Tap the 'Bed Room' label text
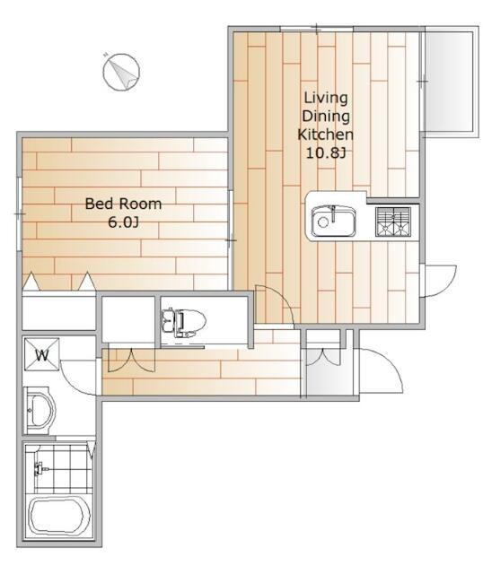pyautogui.click(x=123, y=204)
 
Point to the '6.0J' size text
pyautogui.click(x=123, y=222)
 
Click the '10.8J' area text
pyautogui.click(x=326, y=152)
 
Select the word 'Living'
pyautogui.click(x=326, y=98)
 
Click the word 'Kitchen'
pyautogui.click(x=325, y=135)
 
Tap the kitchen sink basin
pyautogui.click(x=333, y=221)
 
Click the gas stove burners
pyautogui.click(x=393, y=222)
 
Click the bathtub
pyautogui.click(x=59, y=517)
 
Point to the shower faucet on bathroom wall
pyautogui.click(x=40, y=468)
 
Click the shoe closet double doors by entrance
pyautogui.click(x=323, y=357)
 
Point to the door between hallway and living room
pyautogui.click(x=274, y=304)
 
